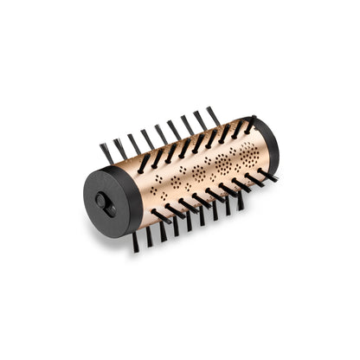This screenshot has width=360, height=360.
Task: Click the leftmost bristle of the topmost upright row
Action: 106,153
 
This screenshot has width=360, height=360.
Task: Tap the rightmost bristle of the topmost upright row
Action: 212,117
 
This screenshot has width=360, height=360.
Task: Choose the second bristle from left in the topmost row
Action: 120,148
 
